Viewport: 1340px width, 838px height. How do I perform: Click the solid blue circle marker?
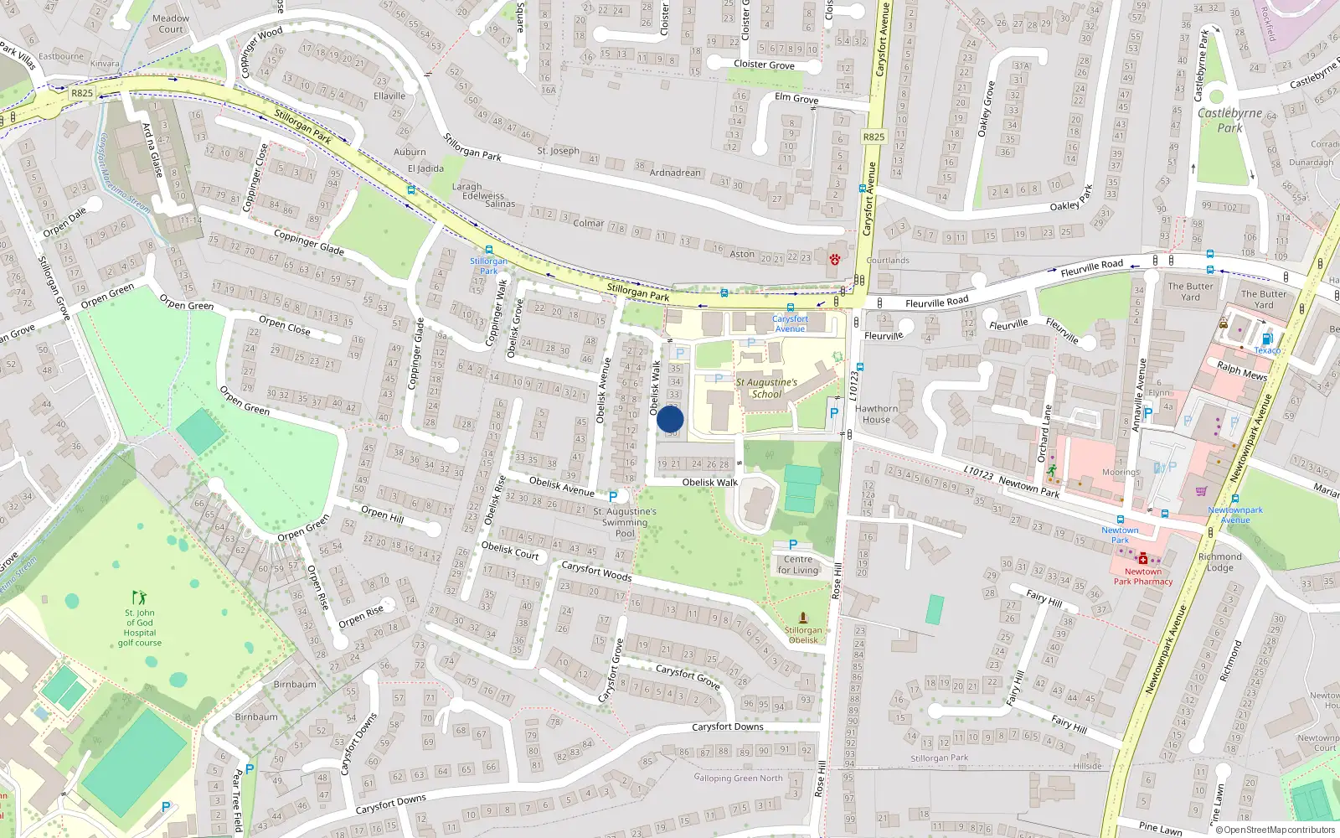pyautogui.click(x=670, y=420)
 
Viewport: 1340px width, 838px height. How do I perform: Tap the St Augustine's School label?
pyautogui.click(x=766, y=388)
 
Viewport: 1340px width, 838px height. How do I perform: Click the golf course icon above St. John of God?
pyautogui.click(x=140, y=597)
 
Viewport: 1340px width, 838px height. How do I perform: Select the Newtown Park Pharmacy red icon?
pyautogui.click(x=1142, y=559)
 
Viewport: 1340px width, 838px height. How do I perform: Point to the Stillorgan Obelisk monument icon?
pyautogui.click(x=803, y=618)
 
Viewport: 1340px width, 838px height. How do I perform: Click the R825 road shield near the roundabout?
pyautogui.click(x=82, y=93)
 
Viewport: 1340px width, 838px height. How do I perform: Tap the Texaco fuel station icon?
pyautogui.click(x=1266, y=339)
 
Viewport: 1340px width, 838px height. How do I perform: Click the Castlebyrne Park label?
pyautogui.click(x=1229, y=120)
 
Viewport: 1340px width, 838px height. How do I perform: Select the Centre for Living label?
pyautogui.click(x=798, y=565)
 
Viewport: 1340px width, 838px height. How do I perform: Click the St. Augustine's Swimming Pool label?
pyautogui.click(x=625, y=522)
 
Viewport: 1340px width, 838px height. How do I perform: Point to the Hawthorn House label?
pyautogui.click(x=876, y=414)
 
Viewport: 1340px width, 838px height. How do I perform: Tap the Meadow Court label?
pyautogui.click(x=171, y=23)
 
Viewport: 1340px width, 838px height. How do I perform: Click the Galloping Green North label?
pyautogui.click(x=738, y=778)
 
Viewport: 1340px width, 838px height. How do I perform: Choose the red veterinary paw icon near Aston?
pyautogui.click(x=834, y=260)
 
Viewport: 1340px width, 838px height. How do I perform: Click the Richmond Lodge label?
pyautogui.click(x=1219, y=562)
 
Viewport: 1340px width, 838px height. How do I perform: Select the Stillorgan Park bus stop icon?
pyautogui.click(x=488, y=250)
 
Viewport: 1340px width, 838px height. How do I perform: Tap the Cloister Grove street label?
pyautogui.click(x=764, y=65)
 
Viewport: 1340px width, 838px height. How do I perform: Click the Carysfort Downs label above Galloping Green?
pyautogui.click(x=727, y=727)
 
